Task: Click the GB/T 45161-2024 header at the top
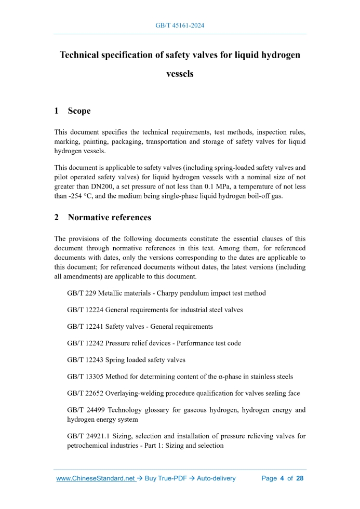pos(180,25)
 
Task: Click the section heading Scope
pos(79,111)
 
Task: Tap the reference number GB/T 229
pos(81,293)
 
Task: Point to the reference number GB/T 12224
pos(85,310)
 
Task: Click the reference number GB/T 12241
pos(85,327)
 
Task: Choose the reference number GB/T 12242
pos(85,343)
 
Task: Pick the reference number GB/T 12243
pos(85,360)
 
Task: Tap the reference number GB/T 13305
pos(85,377)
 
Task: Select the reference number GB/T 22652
pos(85,393)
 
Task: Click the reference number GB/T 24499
pos(85,410)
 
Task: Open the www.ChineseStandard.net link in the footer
pos(96,478)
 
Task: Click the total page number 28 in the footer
pos(300,478)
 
